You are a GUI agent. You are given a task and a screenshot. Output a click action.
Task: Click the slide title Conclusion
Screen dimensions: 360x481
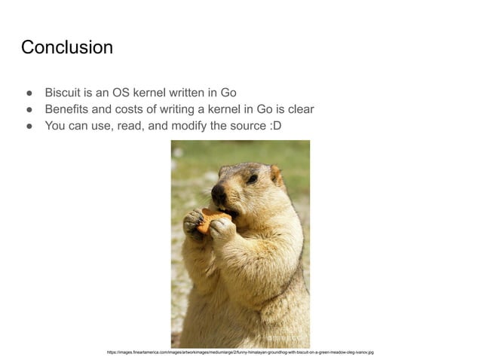(x=67, y=47)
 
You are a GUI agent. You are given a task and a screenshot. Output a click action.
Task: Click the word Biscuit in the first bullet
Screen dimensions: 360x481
(x=63, y=93)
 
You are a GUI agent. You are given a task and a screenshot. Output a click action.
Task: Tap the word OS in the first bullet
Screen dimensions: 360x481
(x=121, y=93)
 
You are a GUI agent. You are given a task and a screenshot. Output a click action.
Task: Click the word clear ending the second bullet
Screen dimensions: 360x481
(x=299, y=109)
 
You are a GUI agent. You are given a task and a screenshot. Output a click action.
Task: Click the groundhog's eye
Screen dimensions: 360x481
(x=252, y=178)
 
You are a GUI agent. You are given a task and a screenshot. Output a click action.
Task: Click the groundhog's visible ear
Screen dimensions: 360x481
(x=276, y=175)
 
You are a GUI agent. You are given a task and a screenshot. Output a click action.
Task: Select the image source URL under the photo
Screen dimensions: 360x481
(x=240, y=352)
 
